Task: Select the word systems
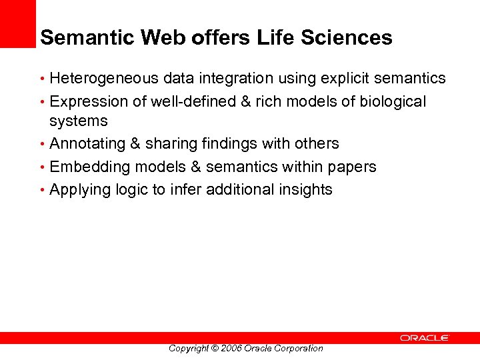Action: (x=78, y=121)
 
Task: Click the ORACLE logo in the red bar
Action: (x=425, y=338)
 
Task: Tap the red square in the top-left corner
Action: (x=17, y=23)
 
